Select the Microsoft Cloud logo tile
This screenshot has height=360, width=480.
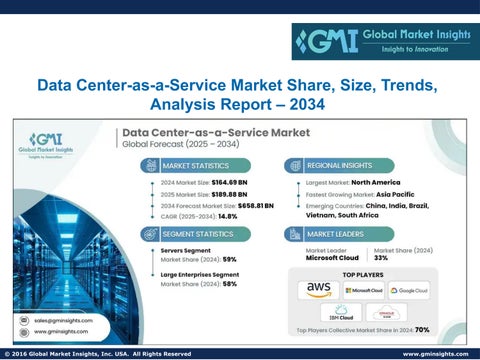[x=363, y=289]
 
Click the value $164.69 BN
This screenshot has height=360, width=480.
[x=237, y=183]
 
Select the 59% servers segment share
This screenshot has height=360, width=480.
[x=229, y=259]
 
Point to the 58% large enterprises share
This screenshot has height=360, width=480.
[x=229, y=284]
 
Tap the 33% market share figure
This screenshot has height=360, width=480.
[x=380, y=258]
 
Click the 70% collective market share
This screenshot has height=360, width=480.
[x=422, y=329]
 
